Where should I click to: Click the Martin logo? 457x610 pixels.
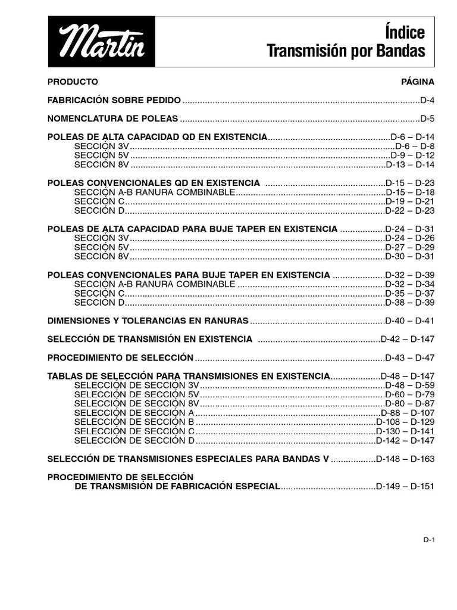tap(101, 42)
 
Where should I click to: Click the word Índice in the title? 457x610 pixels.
tap(405, 32)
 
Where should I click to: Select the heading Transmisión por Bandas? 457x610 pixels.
tap(346, 52)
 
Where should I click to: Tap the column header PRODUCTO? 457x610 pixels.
tap(73, 81)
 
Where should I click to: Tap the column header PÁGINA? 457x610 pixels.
tap(418, 81)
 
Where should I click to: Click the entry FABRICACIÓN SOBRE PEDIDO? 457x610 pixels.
tap(114, 100)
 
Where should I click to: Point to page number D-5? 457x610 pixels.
tap(427, 118)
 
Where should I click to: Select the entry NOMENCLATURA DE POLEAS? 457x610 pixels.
tap(112, 118)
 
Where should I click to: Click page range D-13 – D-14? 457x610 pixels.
tap(410, 164)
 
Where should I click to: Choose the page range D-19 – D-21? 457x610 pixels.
tap(410, 201)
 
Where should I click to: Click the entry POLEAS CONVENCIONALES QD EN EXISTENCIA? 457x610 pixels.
tap(154, 183)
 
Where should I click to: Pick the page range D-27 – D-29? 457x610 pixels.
tap(410, 247)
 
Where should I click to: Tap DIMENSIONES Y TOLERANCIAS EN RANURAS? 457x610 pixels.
tap(148, 320)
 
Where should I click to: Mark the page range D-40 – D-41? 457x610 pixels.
tap(410, 320)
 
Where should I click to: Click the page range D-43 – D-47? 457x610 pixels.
tap(410, 357)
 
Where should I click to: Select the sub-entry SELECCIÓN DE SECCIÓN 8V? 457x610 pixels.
tap(137, 403)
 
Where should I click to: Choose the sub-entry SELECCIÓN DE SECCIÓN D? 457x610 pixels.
tap(134, 440)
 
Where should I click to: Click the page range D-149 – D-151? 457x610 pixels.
tap(405, 486)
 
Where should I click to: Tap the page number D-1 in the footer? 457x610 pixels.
tap(429, 540)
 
